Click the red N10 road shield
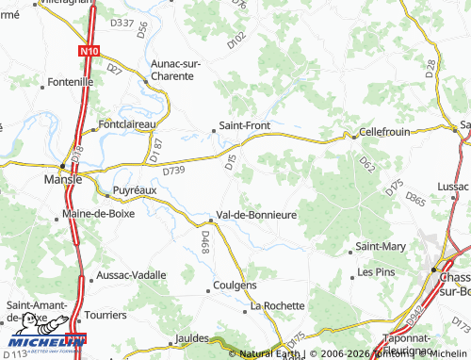click(x=89, y=52)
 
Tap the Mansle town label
click(x=63, y=179)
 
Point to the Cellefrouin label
click(x=384, y=132)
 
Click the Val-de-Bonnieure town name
click(x=257, y=215)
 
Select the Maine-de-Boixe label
click(x=98, y=213)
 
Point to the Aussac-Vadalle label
click(x=131, y=275)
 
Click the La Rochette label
click(x=277, y=306)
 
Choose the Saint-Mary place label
click(x=381, y=247)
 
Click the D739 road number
click(x=173, y=172)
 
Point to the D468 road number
click(x=204, y=243)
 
